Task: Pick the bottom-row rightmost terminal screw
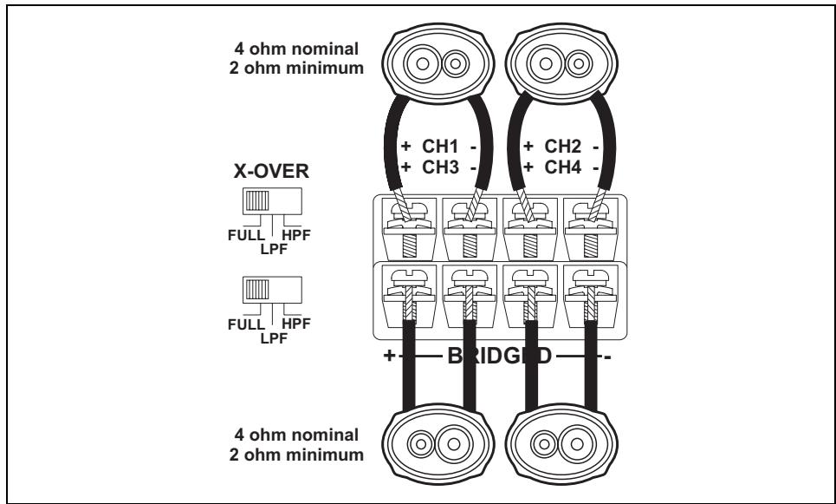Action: tap(586, 281)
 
